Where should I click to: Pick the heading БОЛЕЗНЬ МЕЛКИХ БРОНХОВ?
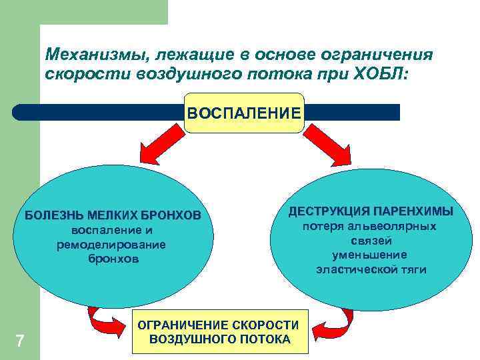tap(113, 216)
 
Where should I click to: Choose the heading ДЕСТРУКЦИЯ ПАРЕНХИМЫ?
tap(371, 211)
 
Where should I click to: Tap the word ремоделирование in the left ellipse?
tap(112, 245)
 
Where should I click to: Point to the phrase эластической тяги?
tap(371, 269)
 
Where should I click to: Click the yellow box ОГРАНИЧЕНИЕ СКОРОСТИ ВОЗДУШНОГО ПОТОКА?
tap(220, 331)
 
